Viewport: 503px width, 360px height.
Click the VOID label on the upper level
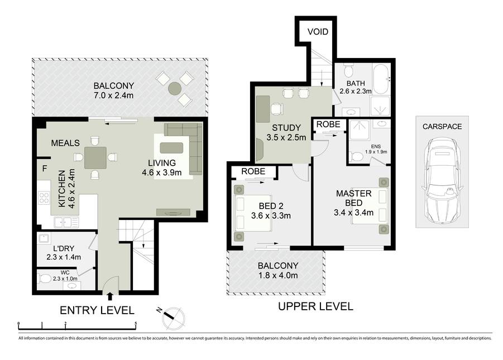[x=318, y=31]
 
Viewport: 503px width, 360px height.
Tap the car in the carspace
[x=442, y=181]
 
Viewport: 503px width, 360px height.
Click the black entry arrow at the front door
[x=110, y=296]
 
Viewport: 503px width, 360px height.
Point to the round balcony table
[x=175, y=89]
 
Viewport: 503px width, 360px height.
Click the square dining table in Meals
[x=95, y=157]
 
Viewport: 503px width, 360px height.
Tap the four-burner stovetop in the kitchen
[x=44, y=198]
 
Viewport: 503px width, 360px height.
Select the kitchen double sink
[x=66, y=222]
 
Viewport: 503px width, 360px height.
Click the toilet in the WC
[x=44, y=279]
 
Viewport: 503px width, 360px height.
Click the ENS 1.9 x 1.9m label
[x=376, y=149]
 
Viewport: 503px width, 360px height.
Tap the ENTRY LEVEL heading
[x=97, y=310]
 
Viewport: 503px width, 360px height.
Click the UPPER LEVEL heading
[x=315, y=306]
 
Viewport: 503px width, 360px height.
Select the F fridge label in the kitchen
[x=45, y=169]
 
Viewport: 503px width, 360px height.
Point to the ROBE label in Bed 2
[x=253, y=171]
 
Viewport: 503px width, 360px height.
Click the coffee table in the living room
[x=171, y=148]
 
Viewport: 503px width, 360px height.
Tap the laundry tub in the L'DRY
[x=44, y=238]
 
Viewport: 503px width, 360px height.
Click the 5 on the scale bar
[x=136, y=323]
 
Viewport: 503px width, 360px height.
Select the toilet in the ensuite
[x=356, y=157]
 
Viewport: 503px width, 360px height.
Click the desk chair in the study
[x=276, y=109]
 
